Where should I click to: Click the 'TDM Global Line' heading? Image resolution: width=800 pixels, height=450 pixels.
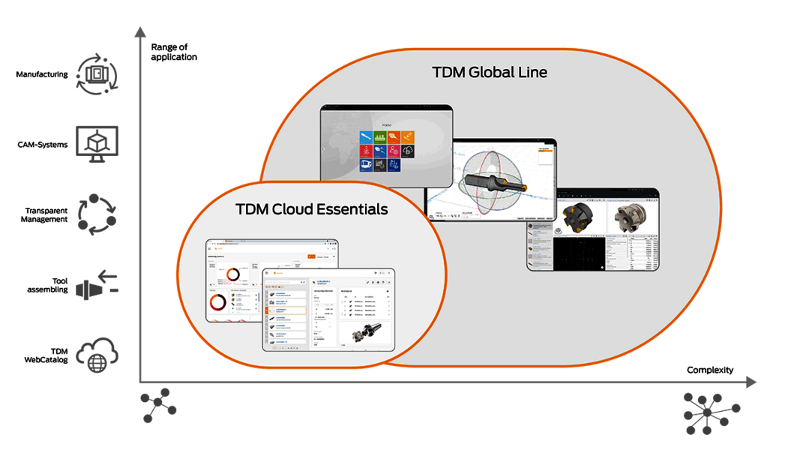[x=490, y=73]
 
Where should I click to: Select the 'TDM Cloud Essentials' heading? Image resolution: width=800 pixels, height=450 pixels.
[x=312, y=209]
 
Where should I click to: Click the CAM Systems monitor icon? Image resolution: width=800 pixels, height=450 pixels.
[x=97, y=144]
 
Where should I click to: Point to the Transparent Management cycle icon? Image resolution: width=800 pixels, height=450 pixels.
[x=97, y=214]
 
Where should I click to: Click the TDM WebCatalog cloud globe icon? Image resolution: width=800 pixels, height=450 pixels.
[x=97, y=355]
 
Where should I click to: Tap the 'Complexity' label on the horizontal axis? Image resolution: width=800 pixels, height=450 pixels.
[x=709, y=370]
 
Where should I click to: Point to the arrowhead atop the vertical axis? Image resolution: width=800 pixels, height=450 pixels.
[x=139, y=31]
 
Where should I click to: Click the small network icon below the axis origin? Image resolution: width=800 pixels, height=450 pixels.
[x=158, y=406]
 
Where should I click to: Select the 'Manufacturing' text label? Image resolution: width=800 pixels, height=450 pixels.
[x=43, y=74]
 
